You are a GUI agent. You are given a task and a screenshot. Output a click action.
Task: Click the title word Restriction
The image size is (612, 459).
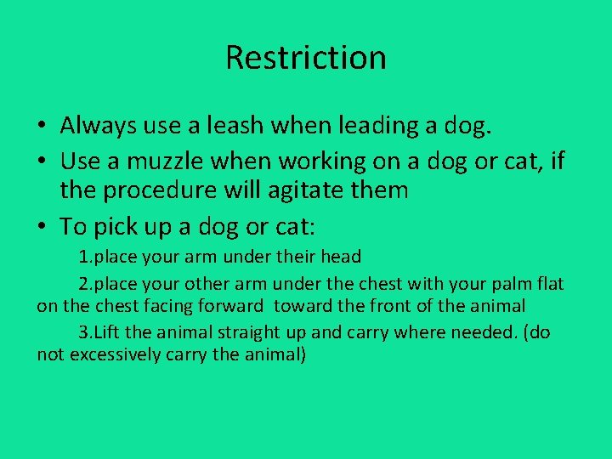tap(306, 58)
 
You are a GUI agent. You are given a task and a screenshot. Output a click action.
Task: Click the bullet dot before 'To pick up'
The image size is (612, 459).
tap(42, 225)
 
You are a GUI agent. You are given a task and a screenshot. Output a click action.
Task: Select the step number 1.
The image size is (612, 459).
tap(83, 257)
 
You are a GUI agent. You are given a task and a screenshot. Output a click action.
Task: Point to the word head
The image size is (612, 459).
tap(340, 257)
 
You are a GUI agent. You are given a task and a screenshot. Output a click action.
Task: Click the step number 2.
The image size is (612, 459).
tap(83, 282)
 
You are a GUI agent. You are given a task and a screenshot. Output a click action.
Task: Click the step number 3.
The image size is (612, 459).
tap(83, 331)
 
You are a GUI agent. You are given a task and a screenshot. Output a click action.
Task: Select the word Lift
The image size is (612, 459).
tap(110, 331)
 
